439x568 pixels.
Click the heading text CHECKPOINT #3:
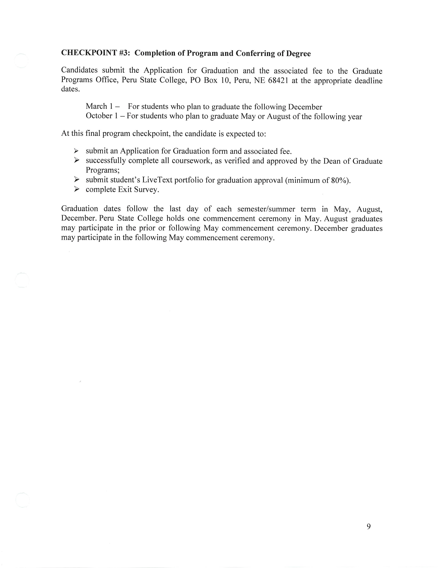(x=95, y=53)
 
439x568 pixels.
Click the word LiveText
(x=157, y=180)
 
